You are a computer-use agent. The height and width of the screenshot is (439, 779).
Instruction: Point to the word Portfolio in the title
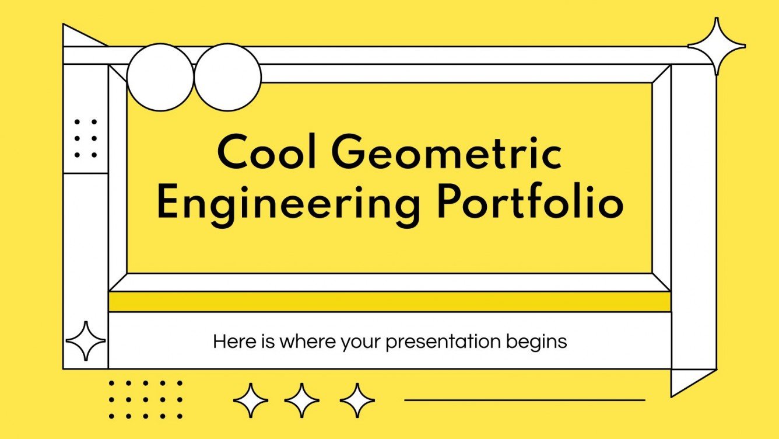coord(530,201)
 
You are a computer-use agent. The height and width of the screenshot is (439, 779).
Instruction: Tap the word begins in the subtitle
coord(540,342)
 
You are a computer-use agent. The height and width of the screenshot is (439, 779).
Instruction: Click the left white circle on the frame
coord(160,77)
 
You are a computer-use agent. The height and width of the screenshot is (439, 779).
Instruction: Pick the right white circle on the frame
coord(227,77)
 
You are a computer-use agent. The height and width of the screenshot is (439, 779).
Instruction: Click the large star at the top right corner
coord(717,46)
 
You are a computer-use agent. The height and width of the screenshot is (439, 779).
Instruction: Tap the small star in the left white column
coord(86,340)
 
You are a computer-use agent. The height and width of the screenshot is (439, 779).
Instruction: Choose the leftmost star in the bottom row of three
coord(251,400)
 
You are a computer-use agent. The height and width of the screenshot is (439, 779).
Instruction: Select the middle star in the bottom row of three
coord(302,400)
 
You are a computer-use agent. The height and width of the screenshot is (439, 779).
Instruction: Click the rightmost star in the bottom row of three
coord(357,400)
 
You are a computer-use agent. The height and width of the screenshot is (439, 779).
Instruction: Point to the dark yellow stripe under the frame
coord(389,302)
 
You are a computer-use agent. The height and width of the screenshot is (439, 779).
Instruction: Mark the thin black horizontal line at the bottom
coord(525,400)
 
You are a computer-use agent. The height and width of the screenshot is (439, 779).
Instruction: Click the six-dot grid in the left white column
coord(86,138)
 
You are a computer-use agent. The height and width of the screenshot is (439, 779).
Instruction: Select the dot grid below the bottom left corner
coord(145,400)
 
